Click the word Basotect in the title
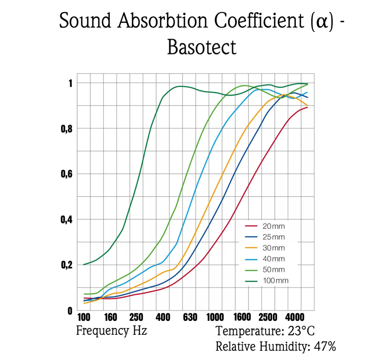(x=202, y=46)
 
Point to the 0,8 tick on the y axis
(x=67, y=129)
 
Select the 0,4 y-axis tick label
(x=67, y=220)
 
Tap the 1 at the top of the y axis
(x=70, y=83)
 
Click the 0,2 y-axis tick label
(x=67, y=265)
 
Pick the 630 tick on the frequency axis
(x=190, y=317)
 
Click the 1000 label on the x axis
(x=216, y=317)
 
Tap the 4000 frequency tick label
(x=295, y=317)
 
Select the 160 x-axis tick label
(x=110, y=317)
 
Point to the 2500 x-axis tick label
(x=268, y=317)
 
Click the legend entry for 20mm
(x=273, y=225)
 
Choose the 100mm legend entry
(x=275, y=281)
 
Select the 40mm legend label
(x=273, y=259)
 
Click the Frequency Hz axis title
(x=111, y=331)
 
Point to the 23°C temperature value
(x=299, y=332)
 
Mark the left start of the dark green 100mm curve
(x=84, y=264)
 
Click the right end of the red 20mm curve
(x=308, y=107)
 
